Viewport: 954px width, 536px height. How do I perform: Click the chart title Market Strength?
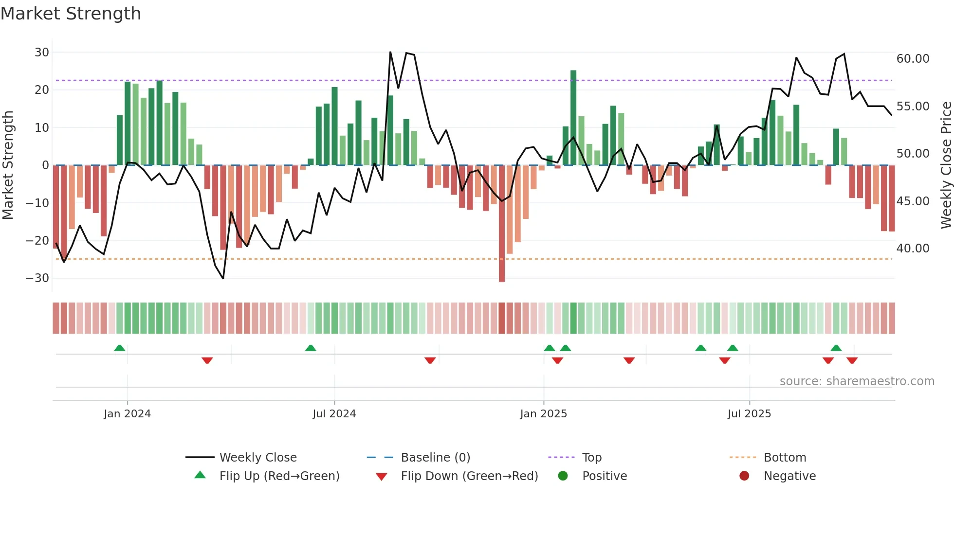(71, 14)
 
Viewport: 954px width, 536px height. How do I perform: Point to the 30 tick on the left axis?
(42, 52)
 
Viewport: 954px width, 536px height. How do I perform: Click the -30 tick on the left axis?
(37, 278)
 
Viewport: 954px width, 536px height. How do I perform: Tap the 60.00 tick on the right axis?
(913, 59)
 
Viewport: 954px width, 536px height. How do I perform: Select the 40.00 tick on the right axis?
(913, 249)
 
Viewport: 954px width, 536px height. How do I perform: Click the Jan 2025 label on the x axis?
(543, 414)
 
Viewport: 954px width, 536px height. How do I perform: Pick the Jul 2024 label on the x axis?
(334, 414)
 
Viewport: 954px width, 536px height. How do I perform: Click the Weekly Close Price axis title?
(946, 165)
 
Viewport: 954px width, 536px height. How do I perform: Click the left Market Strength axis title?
(8, 165)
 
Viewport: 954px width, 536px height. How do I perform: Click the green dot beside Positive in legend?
(563, 476)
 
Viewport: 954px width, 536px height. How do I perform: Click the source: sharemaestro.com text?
(857, 381)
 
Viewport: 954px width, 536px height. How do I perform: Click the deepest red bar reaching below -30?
(502, 224)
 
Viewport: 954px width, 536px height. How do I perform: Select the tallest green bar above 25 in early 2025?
(573, 118)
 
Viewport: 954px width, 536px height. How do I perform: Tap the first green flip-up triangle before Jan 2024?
(120, 348)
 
